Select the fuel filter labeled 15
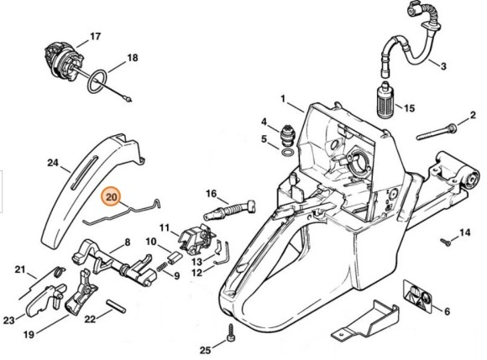click(385, 99)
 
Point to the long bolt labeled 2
click(437, 132)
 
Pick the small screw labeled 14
click(445, 241)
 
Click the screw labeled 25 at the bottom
click(232, 333)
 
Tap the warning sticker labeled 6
click(418, 296)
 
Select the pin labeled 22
click(116, 305)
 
